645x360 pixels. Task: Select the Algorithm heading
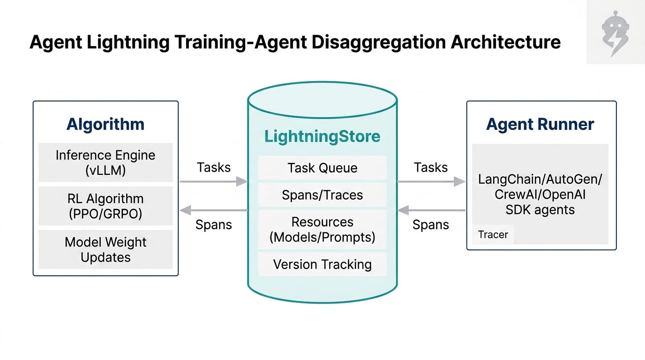click(x=105, y=124)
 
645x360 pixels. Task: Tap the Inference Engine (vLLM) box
click(x=105, y=163)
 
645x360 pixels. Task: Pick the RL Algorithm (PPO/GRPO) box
click(x=105, y=206)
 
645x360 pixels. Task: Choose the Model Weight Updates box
click(x=105, y=249)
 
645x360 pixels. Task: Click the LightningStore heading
click(x=322, y=136)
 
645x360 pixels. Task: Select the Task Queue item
click(x=322, y=168)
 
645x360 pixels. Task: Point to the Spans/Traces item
click(x=322, y=195)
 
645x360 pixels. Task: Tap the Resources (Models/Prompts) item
click(x=322, y=229)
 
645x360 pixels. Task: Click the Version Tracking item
click(x=322, y=264)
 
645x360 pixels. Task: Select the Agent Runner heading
click(x=540, y=124)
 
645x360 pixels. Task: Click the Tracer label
click(x=493, y=234)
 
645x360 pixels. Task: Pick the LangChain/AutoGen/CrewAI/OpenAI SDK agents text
click(x=540, y=194)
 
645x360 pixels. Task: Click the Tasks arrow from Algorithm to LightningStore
click(x=213, y=181)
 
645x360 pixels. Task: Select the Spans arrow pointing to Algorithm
click(x=213, y=210)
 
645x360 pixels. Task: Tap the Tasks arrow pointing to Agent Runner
click(x=431, y=181)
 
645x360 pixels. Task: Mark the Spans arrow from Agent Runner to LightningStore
click(x=431, y=210)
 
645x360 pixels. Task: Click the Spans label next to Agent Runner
click(x=430, y=225)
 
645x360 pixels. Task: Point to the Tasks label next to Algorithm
click(x=214, y=167)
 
